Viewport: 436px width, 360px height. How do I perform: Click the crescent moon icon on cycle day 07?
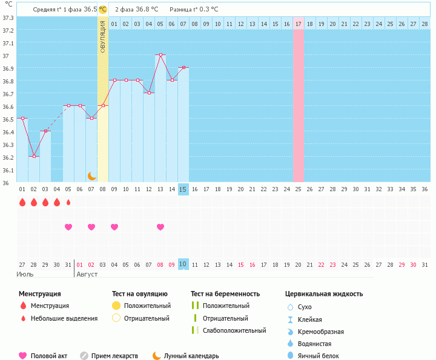[x=91, y=175]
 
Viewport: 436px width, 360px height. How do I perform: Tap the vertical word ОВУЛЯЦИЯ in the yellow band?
[x=103, y=36]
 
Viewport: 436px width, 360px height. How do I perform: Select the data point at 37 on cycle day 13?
[x=160, y=55]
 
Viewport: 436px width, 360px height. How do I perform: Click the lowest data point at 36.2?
[x=34, y=156]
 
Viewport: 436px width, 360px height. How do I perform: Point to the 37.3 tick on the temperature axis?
[x=8, y=18]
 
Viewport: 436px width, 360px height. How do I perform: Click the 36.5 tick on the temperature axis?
[x=8, y=119]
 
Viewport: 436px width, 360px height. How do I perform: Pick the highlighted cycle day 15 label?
[x=183, y=189]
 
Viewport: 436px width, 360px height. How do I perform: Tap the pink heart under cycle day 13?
[x=160, y=227]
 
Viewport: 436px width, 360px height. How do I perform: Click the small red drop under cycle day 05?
[x=68, y=202]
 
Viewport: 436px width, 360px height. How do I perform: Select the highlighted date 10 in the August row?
[x=183, y=264]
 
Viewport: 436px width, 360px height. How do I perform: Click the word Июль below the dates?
[x=25, y=274]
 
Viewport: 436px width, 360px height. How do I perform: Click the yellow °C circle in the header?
[x=102, y=9]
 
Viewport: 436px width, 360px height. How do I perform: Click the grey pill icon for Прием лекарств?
[x=84, y=356]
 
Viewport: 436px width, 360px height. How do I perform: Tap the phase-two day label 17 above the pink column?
[x=298, y=24]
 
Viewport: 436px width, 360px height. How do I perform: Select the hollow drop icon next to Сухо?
[x=290, y=307]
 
